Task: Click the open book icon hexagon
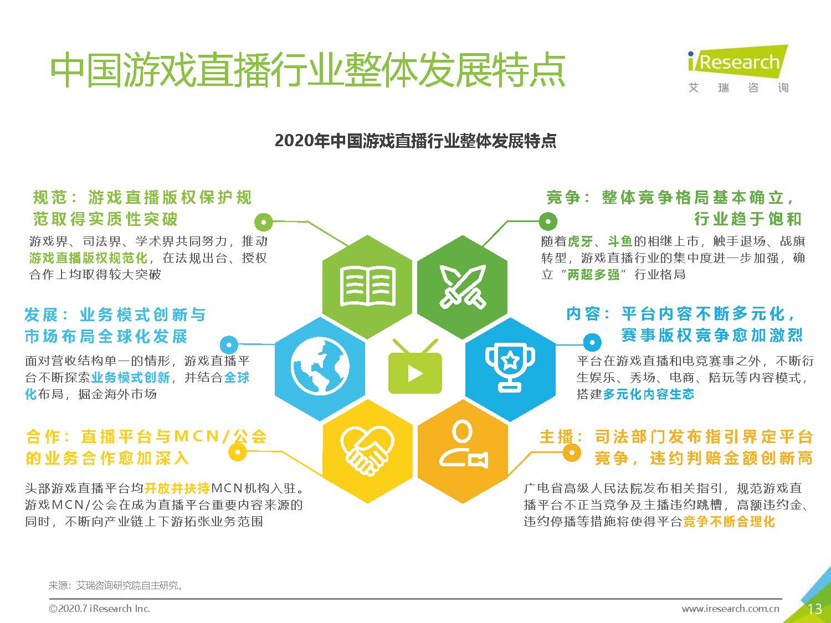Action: click(367, 286)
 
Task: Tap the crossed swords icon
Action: click(462, 286)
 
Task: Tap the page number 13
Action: click(814, 609)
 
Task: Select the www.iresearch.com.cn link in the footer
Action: click(730, 609)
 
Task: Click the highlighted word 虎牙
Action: click(581, 241)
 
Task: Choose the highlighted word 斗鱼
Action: click(620, 241)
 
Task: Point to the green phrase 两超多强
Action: click(593, 275)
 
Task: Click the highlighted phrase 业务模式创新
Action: click(131, 378)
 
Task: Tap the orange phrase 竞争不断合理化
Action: click(729, 522)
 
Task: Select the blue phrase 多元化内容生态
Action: click(648, 394)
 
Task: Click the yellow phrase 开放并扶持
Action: click(177, 488)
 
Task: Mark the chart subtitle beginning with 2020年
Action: click(416, 141)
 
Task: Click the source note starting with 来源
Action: click(116, 585)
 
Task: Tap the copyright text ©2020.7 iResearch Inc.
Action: click(100, 609)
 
